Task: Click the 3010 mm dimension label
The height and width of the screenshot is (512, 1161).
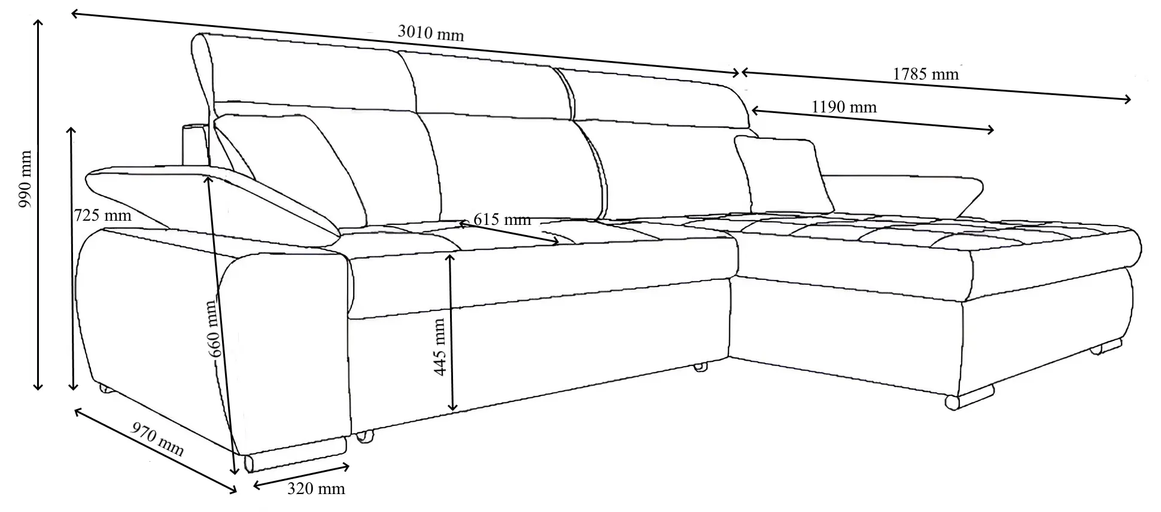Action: tap(430, 33)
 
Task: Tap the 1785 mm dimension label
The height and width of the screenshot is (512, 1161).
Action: tap(926, 74)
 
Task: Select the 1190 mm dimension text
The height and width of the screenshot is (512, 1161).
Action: tap(844, 107)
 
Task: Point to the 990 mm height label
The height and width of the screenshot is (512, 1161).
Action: tap(25, 179)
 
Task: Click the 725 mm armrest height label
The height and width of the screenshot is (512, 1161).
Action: tap(102, 215)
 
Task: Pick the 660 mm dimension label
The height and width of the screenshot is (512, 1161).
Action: tap(215, 328)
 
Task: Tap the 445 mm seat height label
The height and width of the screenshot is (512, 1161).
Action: tap(440, 347)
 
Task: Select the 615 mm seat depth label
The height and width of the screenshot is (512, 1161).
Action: tap(502, 220)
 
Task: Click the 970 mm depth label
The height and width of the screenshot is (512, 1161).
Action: tap(157, 440)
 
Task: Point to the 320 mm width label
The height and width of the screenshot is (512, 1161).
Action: tap(316, 489)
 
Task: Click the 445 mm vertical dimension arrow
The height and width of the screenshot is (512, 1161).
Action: tap(452, 332)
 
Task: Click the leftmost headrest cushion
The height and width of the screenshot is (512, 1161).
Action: tap(305, 75)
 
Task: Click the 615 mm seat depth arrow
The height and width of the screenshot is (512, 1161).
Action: tap(509, 233)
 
